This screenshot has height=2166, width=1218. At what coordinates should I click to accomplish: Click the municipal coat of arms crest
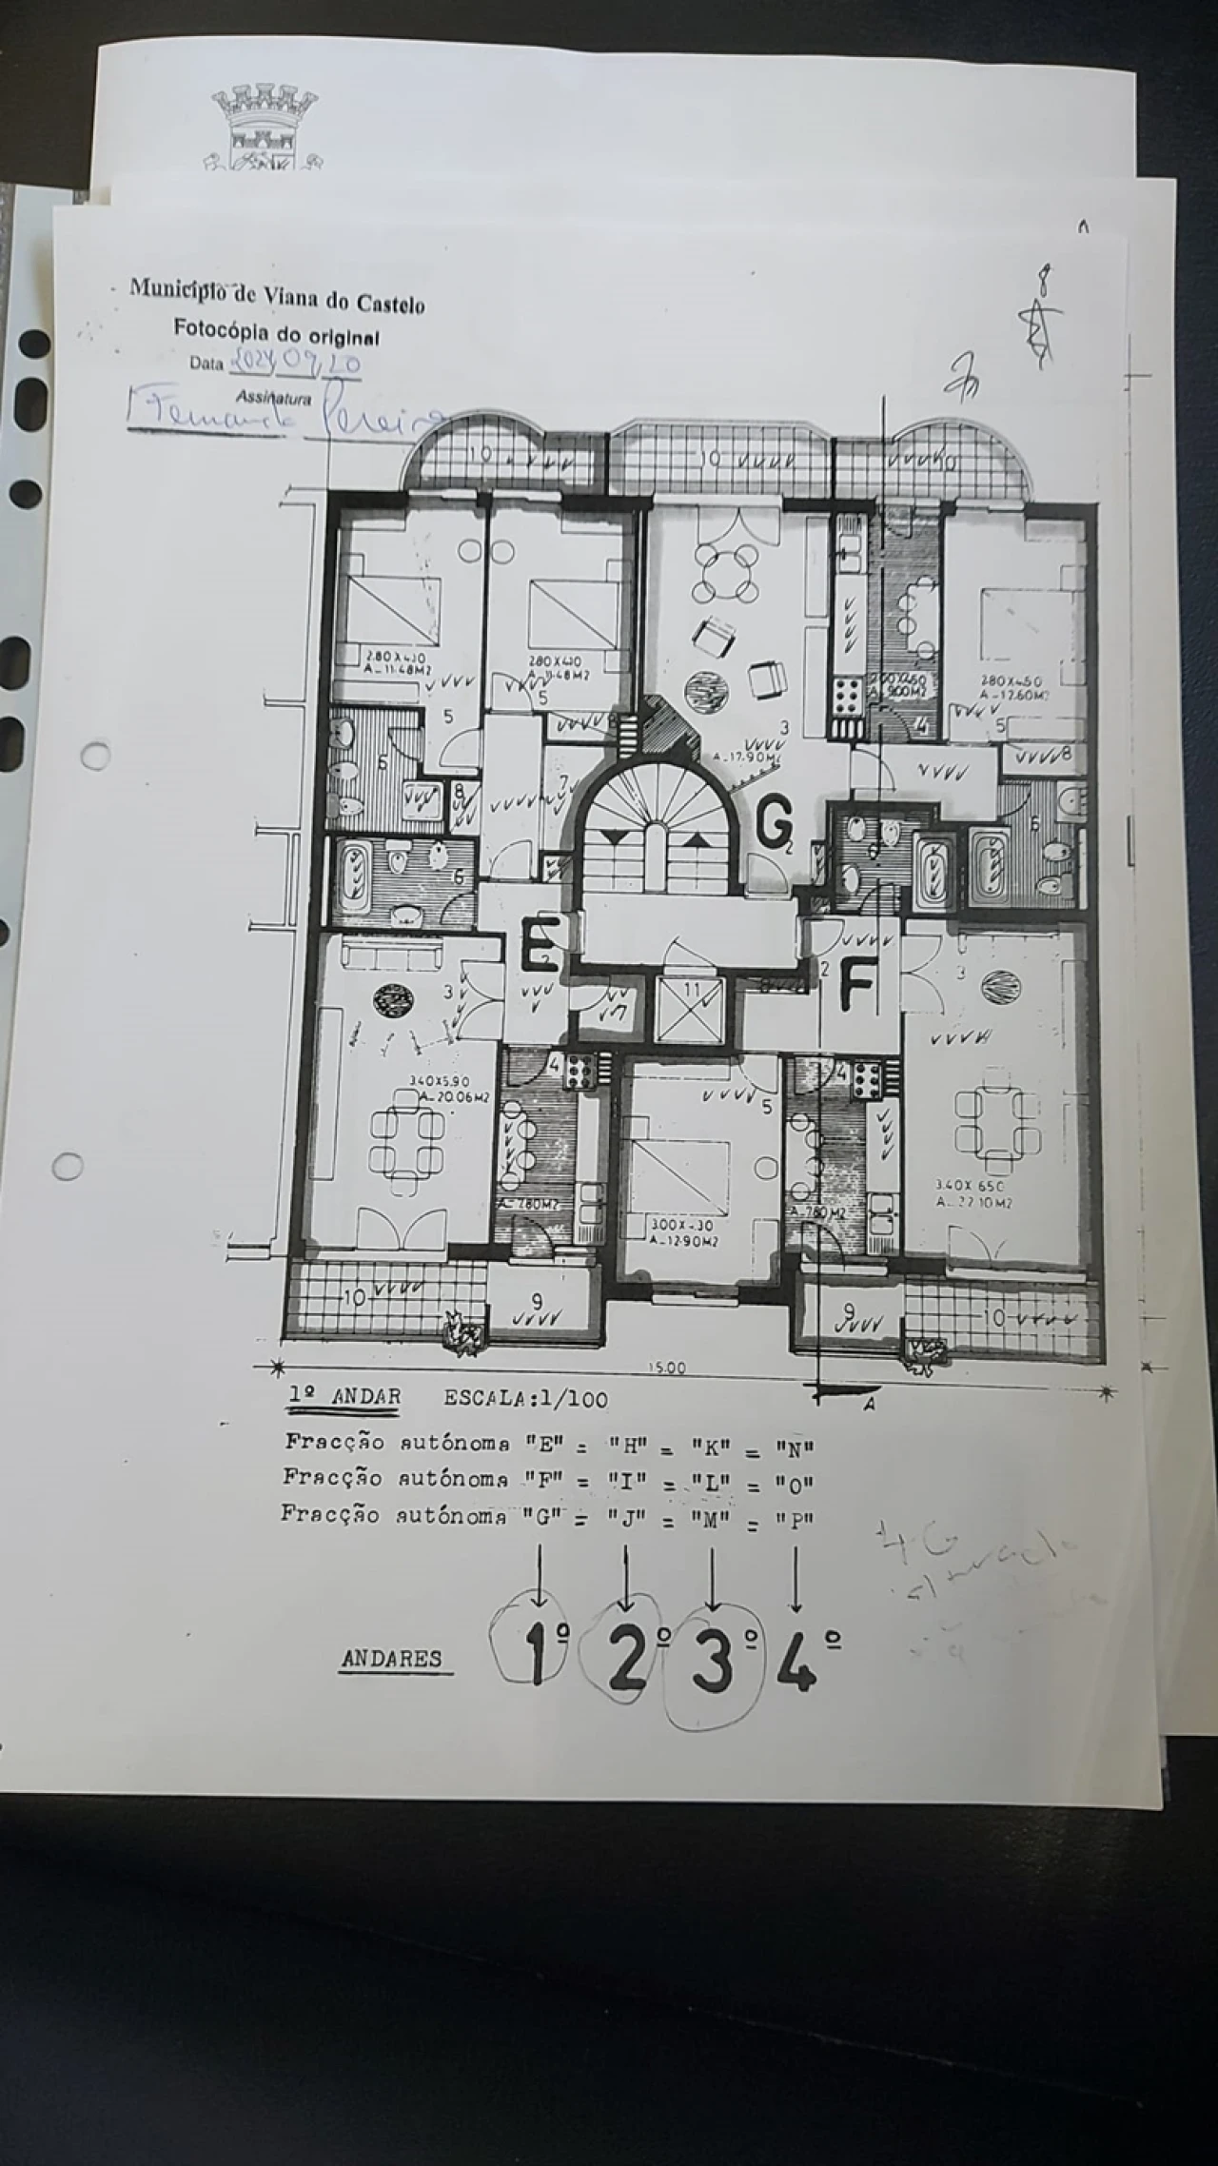click(x=264, y=128)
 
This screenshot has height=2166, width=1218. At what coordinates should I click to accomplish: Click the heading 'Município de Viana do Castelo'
click(x=277, y=296)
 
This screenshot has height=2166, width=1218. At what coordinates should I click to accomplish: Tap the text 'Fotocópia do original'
click(x=276, y=334)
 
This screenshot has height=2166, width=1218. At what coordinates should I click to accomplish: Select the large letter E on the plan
click(x=539, y=943)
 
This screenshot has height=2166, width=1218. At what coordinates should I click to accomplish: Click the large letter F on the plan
click(x=856, y=987)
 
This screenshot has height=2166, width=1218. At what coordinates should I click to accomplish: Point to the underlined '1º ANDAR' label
click(x=344, y=1397)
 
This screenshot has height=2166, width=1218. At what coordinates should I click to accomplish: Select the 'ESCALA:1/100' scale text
click(x=525, y=1399)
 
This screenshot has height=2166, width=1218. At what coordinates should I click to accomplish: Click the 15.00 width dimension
click(x=666, y=1368)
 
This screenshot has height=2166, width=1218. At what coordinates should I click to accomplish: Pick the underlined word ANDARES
click(x=391, y=1659)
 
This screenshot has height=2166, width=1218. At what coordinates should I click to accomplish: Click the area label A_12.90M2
click(x=684, y=1241)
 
